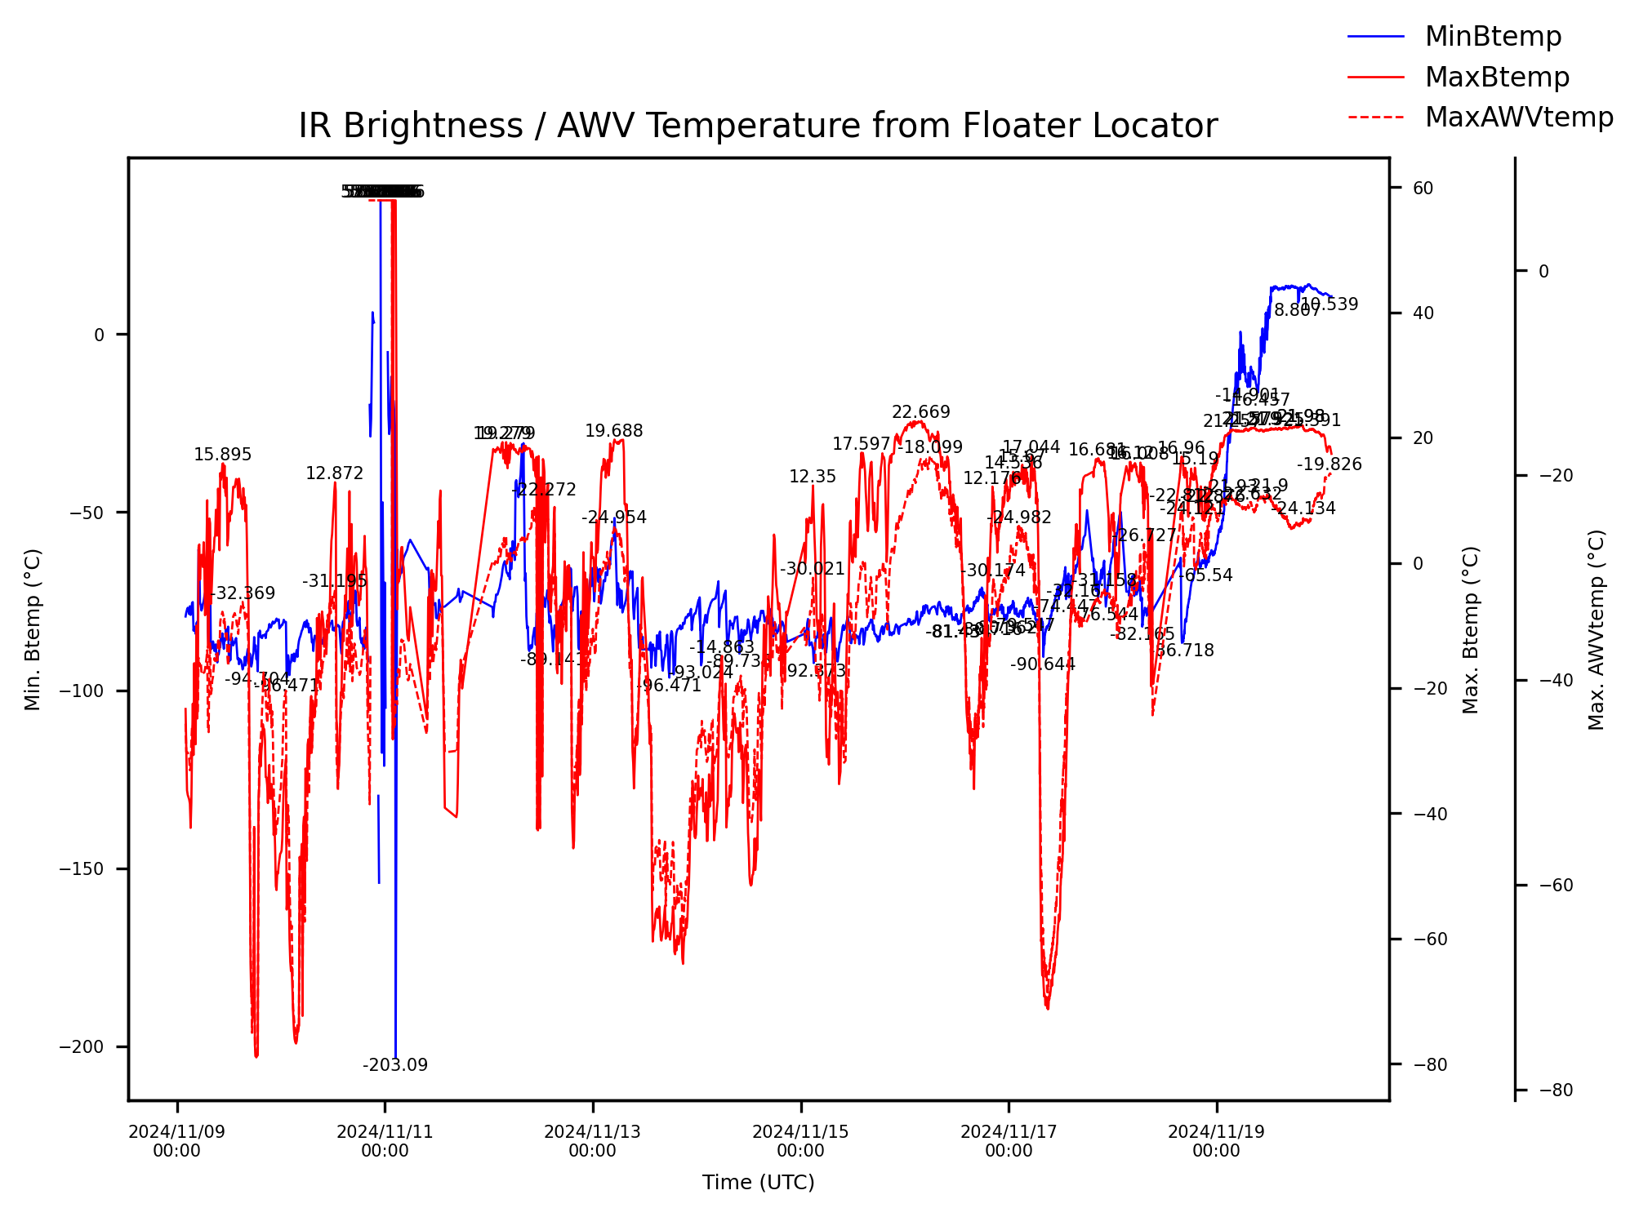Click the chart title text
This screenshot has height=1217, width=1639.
757,127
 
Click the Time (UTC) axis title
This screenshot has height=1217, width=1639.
758,1182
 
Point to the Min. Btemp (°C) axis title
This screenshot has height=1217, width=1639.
33,629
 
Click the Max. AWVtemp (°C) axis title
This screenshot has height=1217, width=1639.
1597,629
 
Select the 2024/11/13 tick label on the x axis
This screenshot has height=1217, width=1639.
592,1141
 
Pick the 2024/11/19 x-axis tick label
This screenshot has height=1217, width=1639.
1216,1141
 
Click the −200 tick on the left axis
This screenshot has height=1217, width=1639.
82,1047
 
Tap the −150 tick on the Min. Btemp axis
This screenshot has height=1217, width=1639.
82,869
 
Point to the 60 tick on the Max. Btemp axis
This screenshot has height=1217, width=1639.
1423,189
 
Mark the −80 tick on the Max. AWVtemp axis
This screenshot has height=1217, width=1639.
1555,1090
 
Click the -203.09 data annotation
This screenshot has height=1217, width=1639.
395,1065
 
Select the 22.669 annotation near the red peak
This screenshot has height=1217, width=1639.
920,412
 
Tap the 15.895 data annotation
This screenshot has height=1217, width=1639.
222,455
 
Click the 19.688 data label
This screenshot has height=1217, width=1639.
613,431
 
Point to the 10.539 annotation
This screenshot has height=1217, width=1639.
1329,304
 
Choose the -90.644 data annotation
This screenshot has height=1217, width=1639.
1042,664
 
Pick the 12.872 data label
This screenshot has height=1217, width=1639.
334,473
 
